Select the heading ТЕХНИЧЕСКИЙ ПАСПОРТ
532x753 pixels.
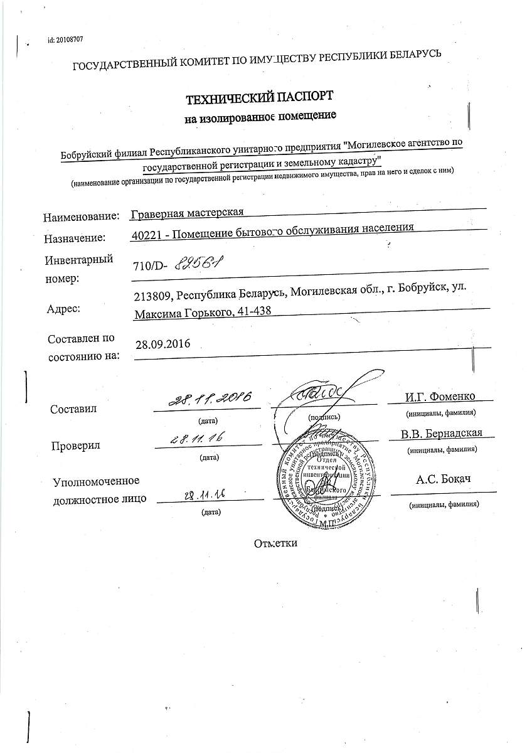pos(259,98)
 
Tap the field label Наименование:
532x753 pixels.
pos(81,216)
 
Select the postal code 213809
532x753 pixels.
pos(152,296)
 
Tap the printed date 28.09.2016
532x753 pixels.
pos(162,344)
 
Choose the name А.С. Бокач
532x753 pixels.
pos(443,480)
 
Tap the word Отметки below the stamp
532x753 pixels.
pos(275,543)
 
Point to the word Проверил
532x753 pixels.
pos(77,446)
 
